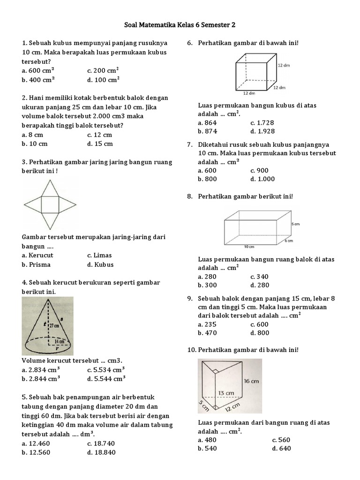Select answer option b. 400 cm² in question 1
(38, 79)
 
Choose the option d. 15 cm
(100, 143)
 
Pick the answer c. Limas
(99, 255)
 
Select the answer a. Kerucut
(37, 255)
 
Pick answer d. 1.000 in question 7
(262, 179)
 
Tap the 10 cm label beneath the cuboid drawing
(249, 247)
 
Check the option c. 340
(259, 277)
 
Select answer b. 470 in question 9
(207, 333)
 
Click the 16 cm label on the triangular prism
(251, 381)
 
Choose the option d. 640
(281, 448)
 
